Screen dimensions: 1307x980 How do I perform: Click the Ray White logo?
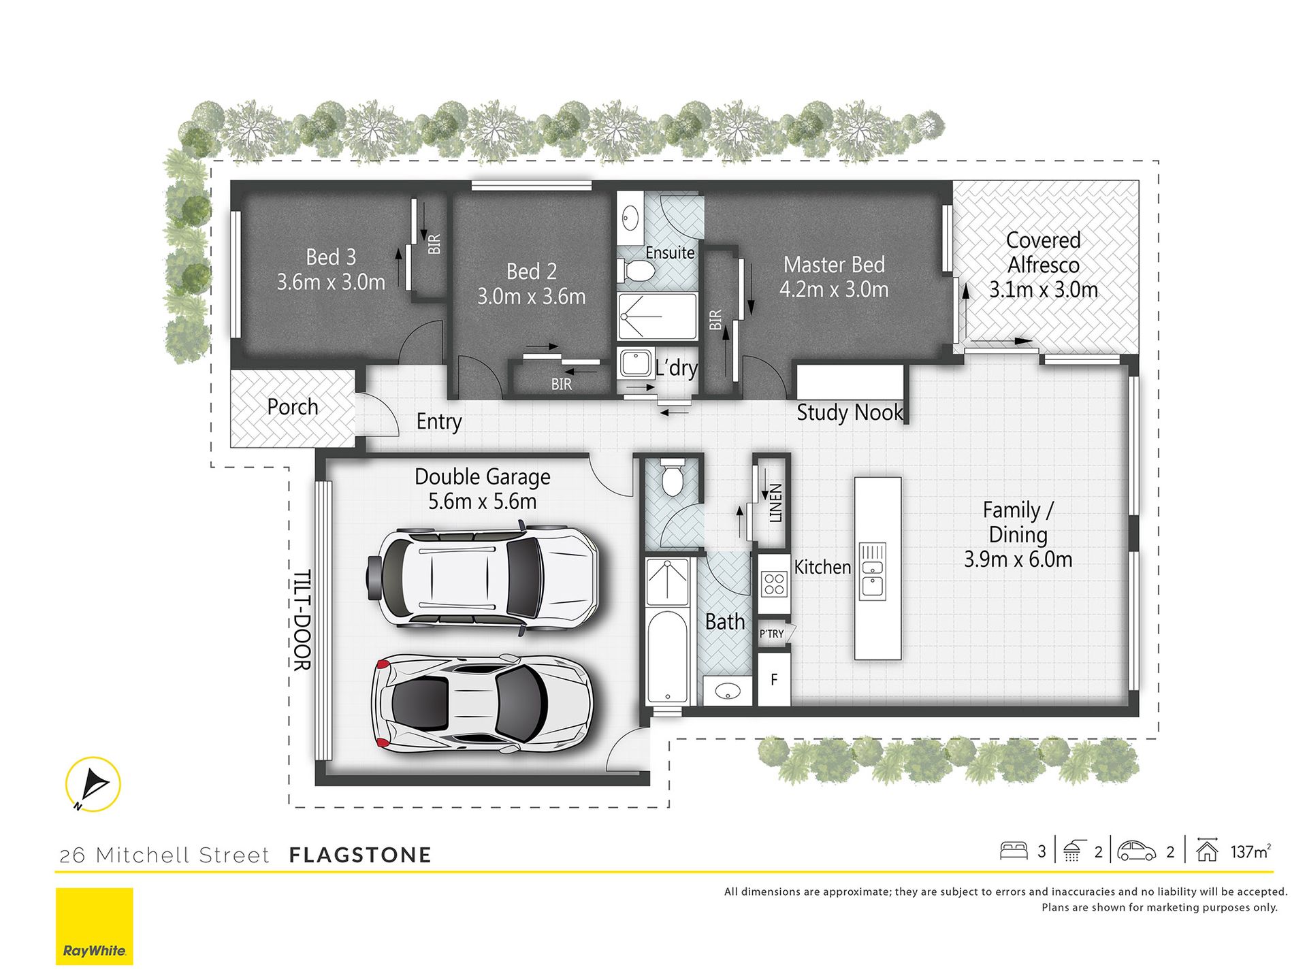tap(94, 926)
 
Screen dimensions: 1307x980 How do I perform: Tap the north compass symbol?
tap(93, 784)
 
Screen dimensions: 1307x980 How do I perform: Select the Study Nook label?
tap(850, 412)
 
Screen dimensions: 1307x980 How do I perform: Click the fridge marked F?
tap(774, 679)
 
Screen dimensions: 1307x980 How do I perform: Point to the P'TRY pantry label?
tap(772, 634)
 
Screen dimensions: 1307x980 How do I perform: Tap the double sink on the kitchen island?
tap(873, 571)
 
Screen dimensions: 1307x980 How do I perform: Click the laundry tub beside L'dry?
tap(636, 363)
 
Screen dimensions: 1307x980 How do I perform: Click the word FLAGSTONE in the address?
tap(360, 855)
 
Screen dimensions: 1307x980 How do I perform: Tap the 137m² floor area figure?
tap(1250, 851)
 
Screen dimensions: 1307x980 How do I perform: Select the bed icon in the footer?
tap(1014, 851)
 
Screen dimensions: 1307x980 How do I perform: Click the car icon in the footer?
tap(1137, 851)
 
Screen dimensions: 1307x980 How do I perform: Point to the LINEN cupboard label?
tap(775, 503)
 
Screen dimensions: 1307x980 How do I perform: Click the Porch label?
tap(293, 407)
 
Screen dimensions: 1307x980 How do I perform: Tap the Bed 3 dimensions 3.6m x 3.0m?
tap(331, 282)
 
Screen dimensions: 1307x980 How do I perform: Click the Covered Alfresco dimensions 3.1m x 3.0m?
tap(1044, 290)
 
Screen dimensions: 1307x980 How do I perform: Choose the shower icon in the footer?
tap(1072, 851)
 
